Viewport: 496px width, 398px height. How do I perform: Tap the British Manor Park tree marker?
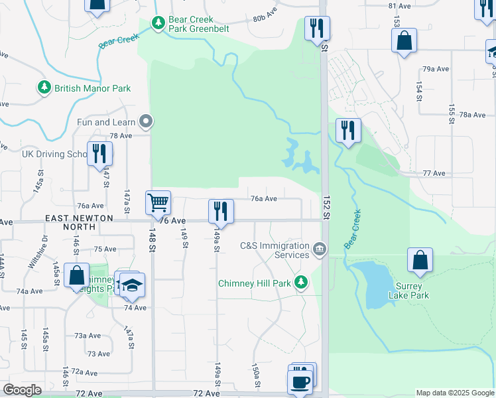(44, 88)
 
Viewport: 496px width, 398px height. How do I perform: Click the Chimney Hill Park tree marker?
(301, 283)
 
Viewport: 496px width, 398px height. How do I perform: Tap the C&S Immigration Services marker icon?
(320, 249)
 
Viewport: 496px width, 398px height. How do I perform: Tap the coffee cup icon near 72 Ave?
(299, 381)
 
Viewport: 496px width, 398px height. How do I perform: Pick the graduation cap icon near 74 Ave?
(133, 285)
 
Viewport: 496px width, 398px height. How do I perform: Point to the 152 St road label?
(326, 208)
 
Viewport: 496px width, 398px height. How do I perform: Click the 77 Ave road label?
(434, 173)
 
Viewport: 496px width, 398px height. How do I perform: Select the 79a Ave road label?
(436, 69)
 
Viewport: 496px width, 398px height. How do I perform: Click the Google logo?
(22, 390)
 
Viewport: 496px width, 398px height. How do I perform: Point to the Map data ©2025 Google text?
(455, 393)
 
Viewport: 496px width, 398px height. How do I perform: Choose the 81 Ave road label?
(400, 6)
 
